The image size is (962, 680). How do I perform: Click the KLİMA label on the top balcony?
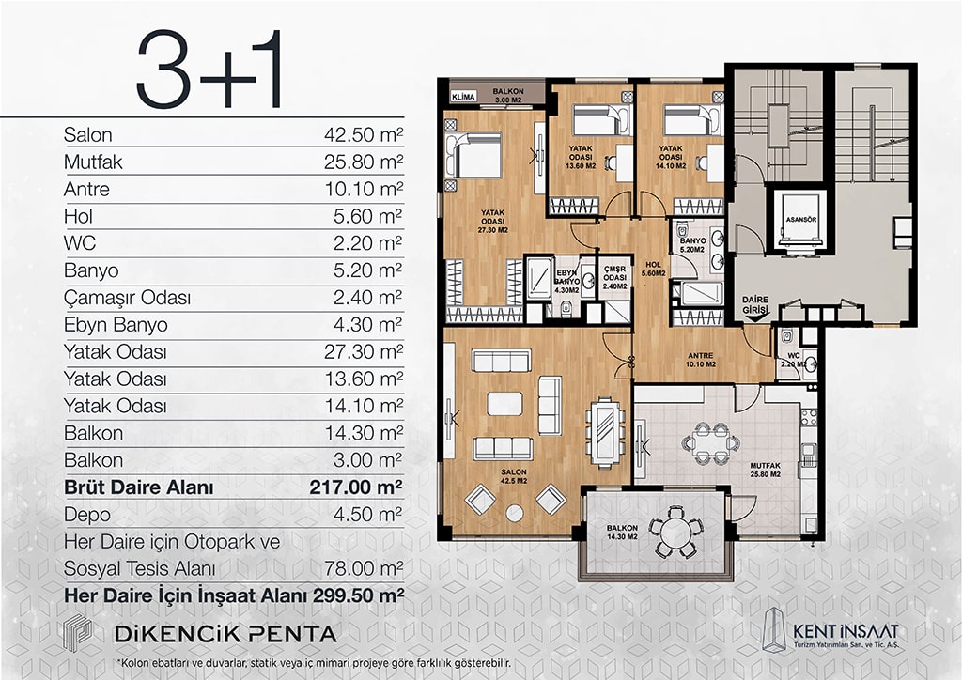[463, 97]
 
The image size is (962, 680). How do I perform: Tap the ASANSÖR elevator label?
[800, 220]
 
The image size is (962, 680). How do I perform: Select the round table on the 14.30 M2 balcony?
[675, 532]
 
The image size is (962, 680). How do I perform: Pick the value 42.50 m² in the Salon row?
[364, 134]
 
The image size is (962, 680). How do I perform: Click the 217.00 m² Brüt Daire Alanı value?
[356, 487]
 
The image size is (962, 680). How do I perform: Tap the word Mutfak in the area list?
[93, 162]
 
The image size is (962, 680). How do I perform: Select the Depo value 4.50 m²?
[367, 515]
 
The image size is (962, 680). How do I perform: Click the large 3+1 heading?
[209, 70]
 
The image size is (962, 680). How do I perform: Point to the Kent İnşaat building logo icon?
[774, 628]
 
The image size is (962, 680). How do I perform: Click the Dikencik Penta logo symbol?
[78, 632]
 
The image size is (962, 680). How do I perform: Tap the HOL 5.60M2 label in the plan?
[654, 270]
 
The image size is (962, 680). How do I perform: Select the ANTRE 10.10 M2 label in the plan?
[701, 360]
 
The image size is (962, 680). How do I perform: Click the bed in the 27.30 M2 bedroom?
[473, 155]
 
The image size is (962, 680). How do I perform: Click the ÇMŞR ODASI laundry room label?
[614, 278]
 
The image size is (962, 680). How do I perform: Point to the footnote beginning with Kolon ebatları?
[315, 663]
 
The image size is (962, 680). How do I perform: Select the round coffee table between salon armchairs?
[514, 513]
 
